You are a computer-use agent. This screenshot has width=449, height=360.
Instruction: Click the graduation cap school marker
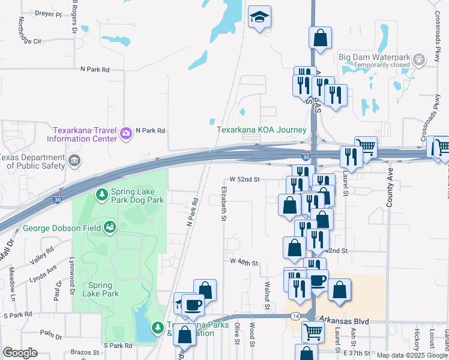pos(260,17)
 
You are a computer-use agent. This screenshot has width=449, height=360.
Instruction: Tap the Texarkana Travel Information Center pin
pos(126,133)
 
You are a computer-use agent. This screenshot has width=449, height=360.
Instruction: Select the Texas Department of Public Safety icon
pos(74,160)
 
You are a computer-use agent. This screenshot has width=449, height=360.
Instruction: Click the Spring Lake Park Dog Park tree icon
pos(102,194)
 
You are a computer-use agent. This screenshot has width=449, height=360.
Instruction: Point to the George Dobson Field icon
pos(110,227)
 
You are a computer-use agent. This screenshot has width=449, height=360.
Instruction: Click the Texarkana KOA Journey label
pos(262,130)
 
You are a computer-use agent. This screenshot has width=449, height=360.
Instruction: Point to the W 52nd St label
pos(245,179)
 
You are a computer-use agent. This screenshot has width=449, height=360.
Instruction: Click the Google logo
pos(20,353)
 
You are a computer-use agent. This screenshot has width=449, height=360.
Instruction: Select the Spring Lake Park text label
pos(103,289)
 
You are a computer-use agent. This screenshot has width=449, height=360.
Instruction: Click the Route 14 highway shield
pos(296,315)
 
